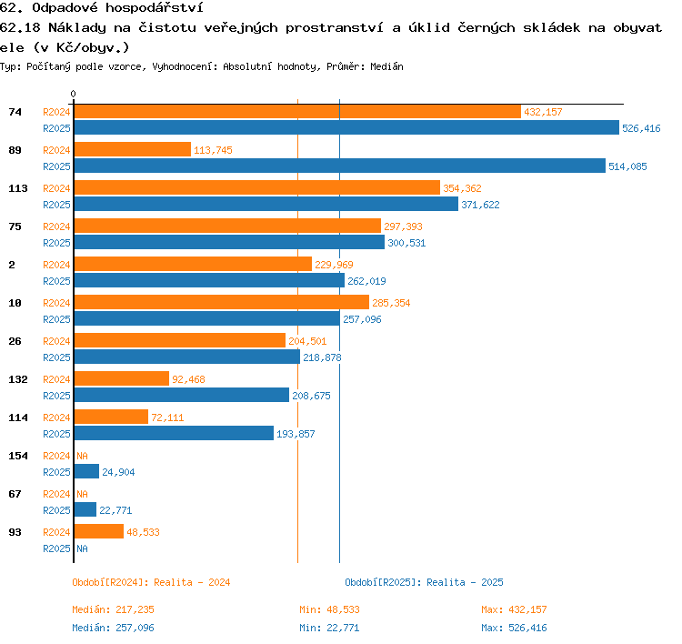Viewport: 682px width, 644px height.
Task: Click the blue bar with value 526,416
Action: tap(346, 127)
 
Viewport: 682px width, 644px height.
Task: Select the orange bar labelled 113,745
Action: tap(133, 149)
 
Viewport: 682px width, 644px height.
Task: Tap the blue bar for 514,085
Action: tap(340, 166)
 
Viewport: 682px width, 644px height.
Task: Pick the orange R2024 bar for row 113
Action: tap(257, 187)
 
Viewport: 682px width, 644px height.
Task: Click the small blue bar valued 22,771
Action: tap(85, 509)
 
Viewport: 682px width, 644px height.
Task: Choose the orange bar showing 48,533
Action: tap(99, 531)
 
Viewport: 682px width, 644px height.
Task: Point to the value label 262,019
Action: tap(366, 281)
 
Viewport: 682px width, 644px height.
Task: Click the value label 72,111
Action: tap(167, 418)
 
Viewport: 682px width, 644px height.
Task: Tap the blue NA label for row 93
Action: tap(82, 548)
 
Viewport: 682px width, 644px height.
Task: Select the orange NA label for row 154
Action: tap(82, 456)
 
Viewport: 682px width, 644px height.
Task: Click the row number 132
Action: tap(18, 379)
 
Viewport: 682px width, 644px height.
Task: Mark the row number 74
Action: tap(15, 112)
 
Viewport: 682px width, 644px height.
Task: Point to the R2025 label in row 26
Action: tap(56, 357)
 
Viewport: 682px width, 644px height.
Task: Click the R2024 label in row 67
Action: tap(56, 494)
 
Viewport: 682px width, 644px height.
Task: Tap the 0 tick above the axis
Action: tap(73, 94)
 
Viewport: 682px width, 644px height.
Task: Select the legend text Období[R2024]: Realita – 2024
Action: tap(151, 582)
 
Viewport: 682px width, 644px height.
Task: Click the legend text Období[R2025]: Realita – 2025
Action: tap(424, 582)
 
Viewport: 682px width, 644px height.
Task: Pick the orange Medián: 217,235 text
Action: tap(113, 609)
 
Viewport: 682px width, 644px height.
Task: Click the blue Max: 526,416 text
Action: tap(514, 628)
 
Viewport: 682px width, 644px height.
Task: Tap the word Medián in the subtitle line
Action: tap(386, 66)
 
